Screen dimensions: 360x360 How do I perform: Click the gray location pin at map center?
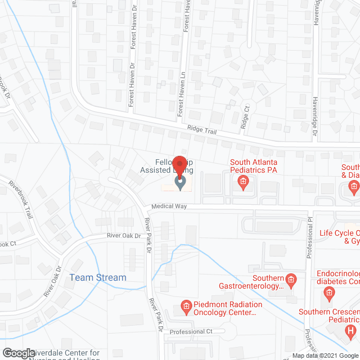click(x=180, y=183)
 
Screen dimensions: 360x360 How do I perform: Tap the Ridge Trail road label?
click(x=202, y=134)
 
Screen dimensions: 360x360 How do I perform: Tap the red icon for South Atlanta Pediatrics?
click(x=243, y=181)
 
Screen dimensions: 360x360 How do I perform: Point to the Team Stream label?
click(x=98, y=277)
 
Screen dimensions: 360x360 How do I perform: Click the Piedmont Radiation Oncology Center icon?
click(x=186, y=308)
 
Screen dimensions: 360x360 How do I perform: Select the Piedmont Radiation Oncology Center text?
click(x=220, y=309)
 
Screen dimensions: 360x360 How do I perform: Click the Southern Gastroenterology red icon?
click(x=291, y=278)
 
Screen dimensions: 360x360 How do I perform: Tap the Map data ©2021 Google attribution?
click(x=325, y=355)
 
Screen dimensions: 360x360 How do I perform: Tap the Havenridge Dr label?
click(x=315, y=112)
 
